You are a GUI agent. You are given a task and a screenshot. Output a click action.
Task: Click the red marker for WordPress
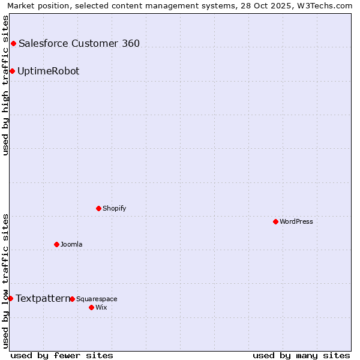[x=275, y=221]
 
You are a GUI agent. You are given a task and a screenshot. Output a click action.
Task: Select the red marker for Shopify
[x=98, y=208]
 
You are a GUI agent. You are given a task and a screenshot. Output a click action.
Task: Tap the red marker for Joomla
[x=56, y=244]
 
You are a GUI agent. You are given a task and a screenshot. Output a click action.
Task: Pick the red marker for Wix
[x=91, y=307]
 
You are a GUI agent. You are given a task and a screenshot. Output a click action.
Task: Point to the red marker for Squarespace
[x=72, y=299]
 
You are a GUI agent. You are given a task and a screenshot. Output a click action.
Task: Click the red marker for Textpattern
[x=10, y=298]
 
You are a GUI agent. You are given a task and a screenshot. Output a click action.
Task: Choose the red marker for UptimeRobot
[x=12, y=71]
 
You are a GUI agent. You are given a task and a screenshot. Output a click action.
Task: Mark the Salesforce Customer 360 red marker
[x=13, y=43]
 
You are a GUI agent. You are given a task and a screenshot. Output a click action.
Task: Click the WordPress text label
[x=296, y=221]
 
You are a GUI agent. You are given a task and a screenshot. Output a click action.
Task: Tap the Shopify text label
[x=114, y=208]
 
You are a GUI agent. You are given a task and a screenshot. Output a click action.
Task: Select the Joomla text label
[x=71, y=244]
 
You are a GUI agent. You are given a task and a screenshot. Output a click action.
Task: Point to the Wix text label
[x=101, y=307]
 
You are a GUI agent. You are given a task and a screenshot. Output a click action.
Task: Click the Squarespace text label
[x=97, y=299]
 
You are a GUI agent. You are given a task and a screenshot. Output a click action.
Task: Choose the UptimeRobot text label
[x=48, y=71]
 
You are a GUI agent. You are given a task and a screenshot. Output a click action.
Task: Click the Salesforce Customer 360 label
[x=79, y=43]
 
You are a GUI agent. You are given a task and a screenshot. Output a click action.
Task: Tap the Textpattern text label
[x=43, y=298]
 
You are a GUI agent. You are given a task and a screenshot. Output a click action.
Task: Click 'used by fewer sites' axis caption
[x=62, y=355]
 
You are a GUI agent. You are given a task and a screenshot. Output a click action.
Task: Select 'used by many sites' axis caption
[x=301, y=355]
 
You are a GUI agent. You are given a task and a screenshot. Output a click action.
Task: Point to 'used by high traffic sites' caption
[x=5, y=85]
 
